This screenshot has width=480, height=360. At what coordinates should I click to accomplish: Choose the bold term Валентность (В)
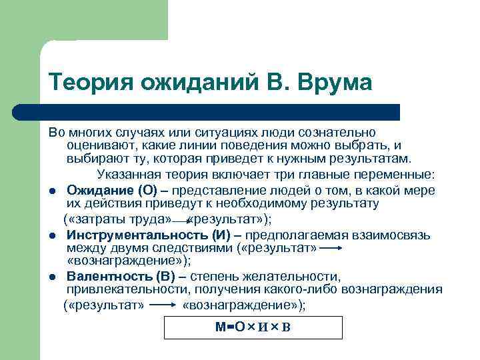tap(124, 277)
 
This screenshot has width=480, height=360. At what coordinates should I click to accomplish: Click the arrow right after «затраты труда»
tap(180, 220)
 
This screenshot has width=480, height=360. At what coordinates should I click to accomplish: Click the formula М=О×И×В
tap(253, 327)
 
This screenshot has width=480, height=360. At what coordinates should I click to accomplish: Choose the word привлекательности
tap(117, 290)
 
